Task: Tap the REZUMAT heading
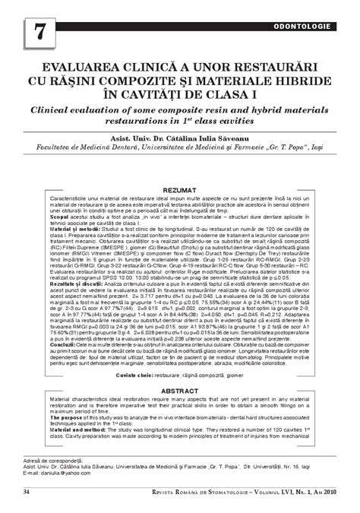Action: pyautogui.click(x=180, y=188)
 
